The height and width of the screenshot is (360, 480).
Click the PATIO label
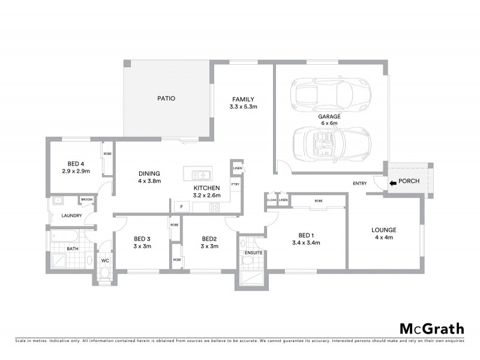[166, 98]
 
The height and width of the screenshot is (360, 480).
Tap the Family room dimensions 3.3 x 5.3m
[243, 107]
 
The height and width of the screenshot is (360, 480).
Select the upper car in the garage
[321, 93]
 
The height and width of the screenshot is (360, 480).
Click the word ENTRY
[360, 184]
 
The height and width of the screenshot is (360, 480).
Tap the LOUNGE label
[383, 230]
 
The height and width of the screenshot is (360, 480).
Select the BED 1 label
[305, 235]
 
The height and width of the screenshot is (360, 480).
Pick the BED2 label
[209, 238]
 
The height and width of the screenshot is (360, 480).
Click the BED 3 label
[142, 238]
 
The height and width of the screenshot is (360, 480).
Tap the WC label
[104, 260]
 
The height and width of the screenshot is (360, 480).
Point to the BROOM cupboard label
[86, 199]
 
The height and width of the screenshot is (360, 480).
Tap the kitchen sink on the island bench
[200, 175]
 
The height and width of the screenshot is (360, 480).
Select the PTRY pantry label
[235, 184]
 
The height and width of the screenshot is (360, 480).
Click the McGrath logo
[431, 328]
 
